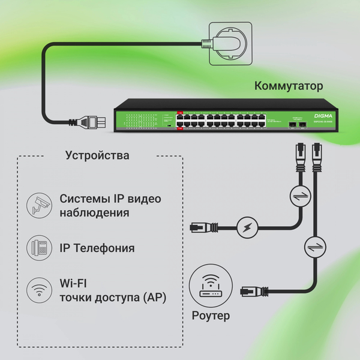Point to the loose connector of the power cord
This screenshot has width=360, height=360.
[x=90, y=123]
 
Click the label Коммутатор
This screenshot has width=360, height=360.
[x=289, y=86]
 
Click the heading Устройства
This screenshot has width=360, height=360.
[x=97, y=156]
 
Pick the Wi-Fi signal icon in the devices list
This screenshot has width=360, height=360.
[x=40, y=290]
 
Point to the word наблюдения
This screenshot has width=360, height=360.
[x=95, y=213]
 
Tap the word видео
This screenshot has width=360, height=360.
[x=145, y=199]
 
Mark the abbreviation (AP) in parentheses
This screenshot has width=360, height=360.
[x=154, y=298]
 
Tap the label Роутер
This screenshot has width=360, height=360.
[x=209, y=314]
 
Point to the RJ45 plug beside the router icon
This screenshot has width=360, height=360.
[x=252, y=292]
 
